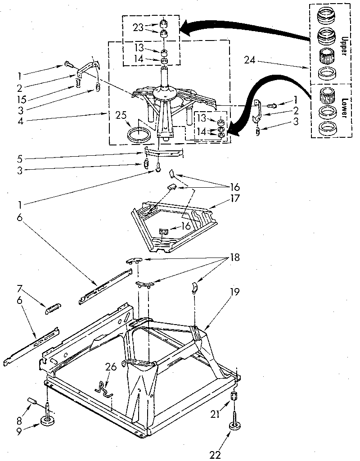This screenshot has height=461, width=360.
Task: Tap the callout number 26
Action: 111,367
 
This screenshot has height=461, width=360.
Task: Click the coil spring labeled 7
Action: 53,310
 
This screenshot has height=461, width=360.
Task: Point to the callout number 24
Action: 250,59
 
